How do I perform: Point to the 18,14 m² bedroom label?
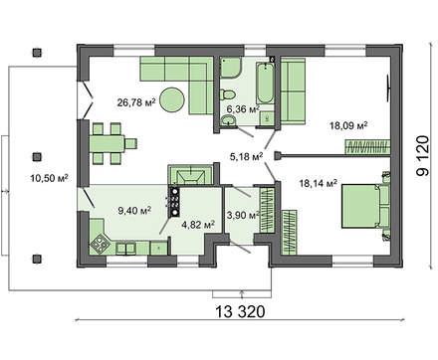coord(318,183)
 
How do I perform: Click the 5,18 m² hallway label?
coord(246,156)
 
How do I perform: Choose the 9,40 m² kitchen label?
coord(133,211)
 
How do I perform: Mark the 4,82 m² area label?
coord(197,226)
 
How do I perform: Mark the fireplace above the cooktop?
coord(186,174)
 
